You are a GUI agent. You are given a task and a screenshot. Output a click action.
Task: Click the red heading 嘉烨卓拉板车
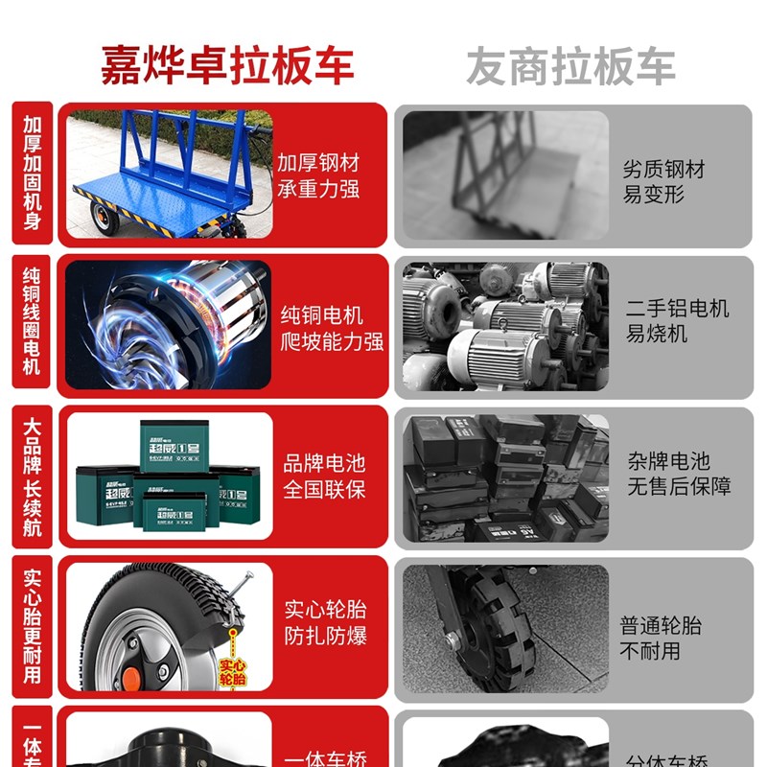pos(228,65)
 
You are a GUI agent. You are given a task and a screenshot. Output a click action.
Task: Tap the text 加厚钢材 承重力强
pos(318,175)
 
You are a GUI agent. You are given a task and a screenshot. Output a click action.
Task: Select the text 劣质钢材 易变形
pos(663,182)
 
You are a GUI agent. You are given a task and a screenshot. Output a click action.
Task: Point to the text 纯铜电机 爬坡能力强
pos(332,329)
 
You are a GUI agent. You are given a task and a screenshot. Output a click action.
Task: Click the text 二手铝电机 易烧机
pos(677,321)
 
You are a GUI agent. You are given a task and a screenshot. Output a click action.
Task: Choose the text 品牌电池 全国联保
pos(324,476)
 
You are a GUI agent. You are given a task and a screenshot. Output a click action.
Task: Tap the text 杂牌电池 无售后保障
pos(679,473)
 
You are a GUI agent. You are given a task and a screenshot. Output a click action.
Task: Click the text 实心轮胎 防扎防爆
pos(325,623)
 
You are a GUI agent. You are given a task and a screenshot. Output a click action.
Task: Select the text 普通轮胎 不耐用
pos(661,639)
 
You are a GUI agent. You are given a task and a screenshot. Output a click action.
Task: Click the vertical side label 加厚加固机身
pos(33,174)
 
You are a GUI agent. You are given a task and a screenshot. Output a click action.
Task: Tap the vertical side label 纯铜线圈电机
pos(33,321)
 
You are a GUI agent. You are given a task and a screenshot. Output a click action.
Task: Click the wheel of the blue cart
pos(104,220)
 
